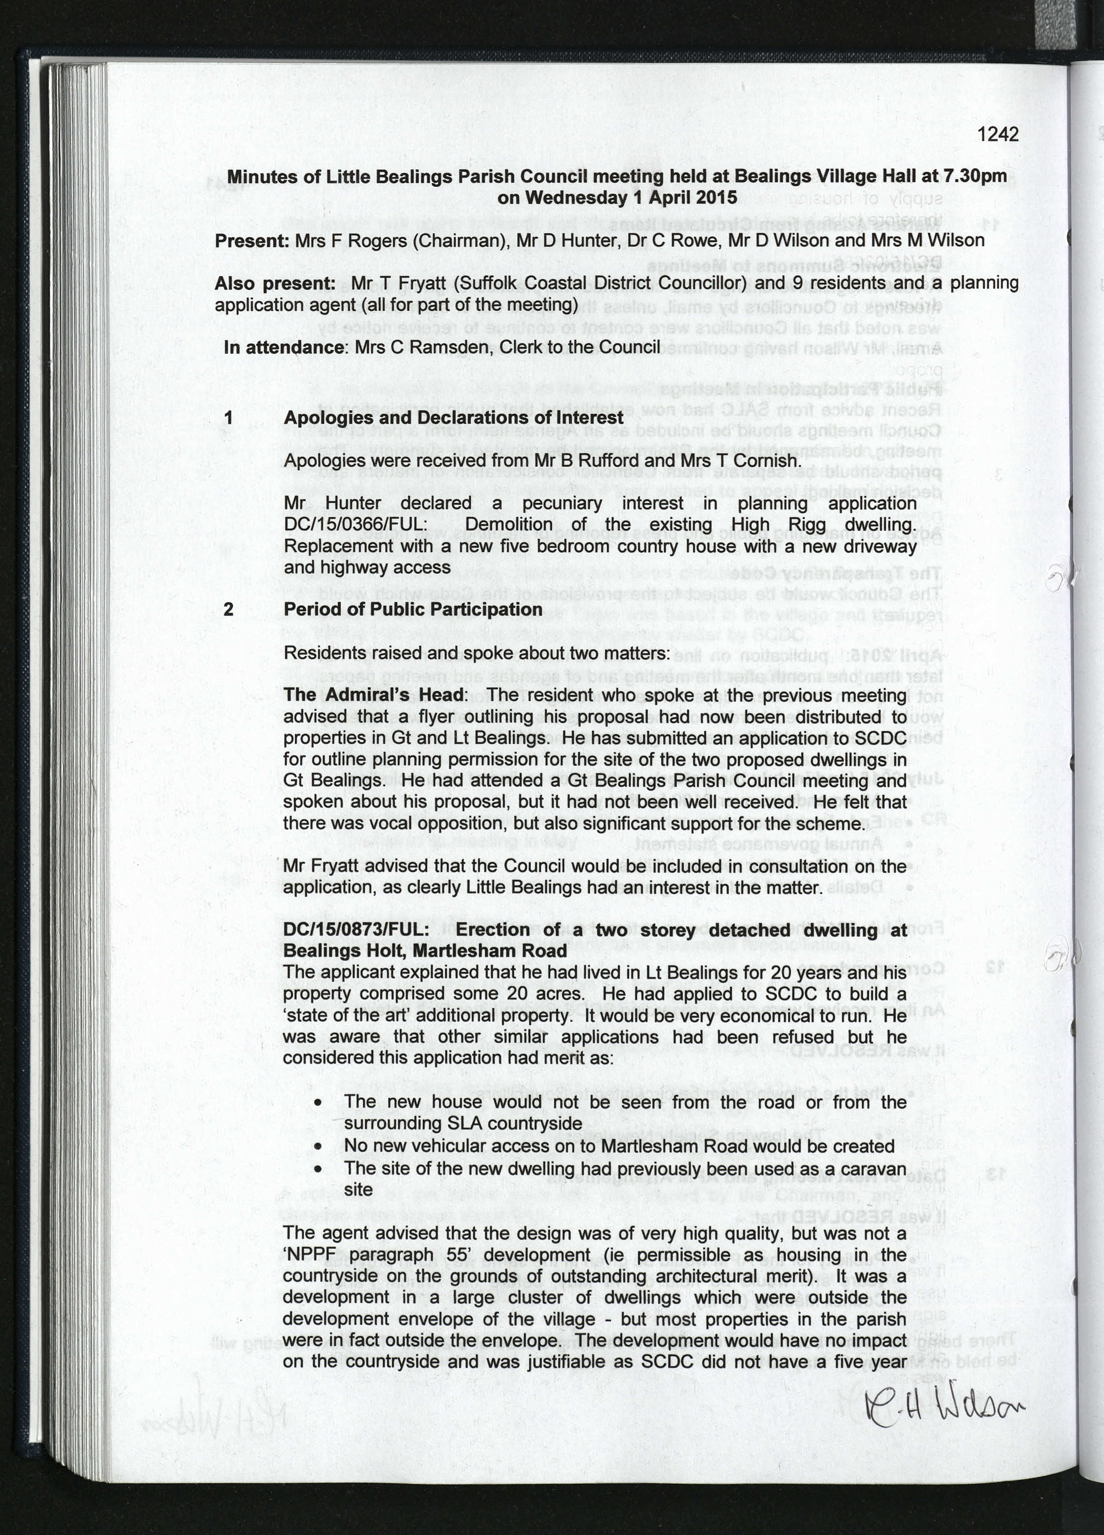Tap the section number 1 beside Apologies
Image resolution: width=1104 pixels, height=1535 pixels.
pyautogui.click(x=229, y=417)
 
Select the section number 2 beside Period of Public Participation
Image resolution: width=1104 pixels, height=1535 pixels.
pyautogui.click(x=229, y=609)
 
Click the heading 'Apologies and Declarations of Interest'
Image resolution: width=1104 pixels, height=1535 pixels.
pyautogui.click(x=453, y=417)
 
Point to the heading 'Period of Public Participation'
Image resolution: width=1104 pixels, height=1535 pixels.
pyautogui.click(x=413, y=609)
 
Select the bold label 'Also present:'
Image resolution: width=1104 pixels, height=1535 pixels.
pyautogui.click(x=274, y=284)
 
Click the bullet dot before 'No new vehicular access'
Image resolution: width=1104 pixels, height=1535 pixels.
pyautogui.click(x=318, y=1147)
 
